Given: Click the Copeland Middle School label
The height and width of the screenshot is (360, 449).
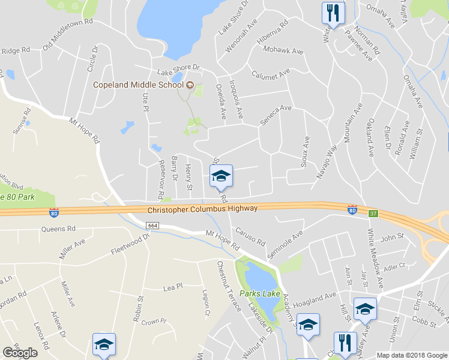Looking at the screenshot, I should (x=137, y=85).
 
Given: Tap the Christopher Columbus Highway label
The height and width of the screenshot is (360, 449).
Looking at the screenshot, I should (x=202, y=208).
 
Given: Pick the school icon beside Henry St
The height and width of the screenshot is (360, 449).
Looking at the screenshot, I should (x=221, y=176).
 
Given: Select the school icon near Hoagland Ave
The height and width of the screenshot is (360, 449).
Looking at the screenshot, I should (x=364, y=309).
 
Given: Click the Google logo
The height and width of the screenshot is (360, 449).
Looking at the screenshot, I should (x=20, y=353).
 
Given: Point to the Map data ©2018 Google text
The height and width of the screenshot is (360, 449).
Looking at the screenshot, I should (x=412, y=355).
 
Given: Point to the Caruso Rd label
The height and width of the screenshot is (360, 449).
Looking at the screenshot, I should (x=250, y=237).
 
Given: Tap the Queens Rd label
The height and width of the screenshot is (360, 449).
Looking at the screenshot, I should (x=58, y=229).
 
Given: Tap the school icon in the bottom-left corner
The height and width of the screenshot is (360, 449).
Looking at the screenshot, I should (x=104, y=344).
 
